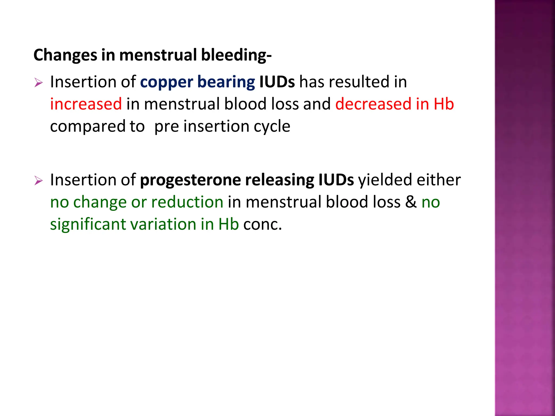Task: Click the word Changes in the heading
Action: (x=65, y=55)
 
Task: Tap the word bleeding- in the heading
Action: (x=236, y=55)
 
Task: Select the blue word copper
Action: (x=166, y=82)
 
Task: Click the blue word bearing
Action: (x=226, y=82)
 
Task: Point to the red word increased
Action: (x=86, y=104)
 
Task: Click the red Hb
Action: (x=444, y=104)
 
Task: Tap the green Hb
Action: (x=228, y=224)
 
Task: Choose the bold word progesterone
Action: (x=190, y=180)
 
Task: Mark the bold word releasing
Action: (x=279, y=180)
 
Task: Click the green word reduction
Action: (x=187, y=202)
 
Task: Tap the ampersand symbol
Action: (x=411, y=202)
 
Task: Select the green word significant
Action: (x=88, y=224)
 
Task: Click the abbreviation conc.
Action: (x=262, y=225)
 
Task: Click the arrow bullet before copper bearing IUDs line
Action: (x=38, y=83)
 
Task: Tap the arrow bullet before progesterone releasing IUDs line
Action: (x=38, y=181)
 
